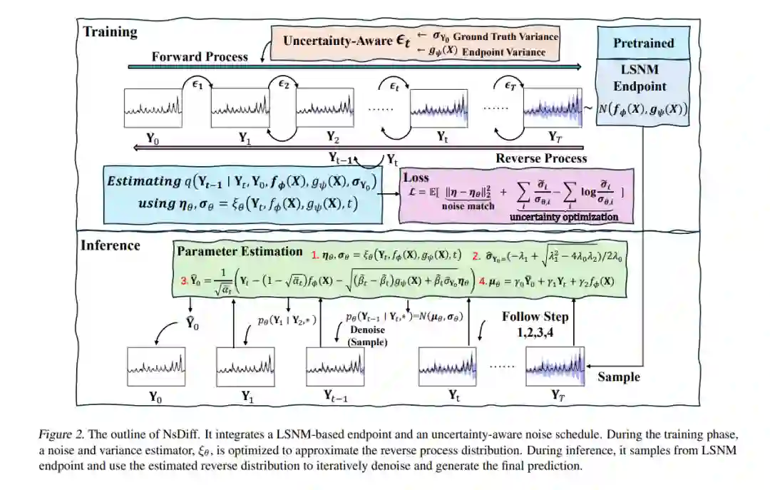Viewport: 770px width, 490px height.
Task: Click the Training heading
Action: pos(110,32)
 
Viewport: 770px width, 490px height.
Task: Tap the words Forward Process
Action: pos(200,57)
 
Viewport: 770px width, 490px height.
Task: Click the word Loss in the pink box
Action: pos(416,178)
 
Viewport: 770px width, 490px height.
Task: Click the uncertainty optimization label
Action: pos(563,217)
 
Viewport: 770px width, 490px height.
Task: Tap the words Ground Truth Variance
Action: pos(505,36)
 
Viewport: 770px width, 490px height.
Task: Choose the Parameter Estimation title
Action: pos(240,251)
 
